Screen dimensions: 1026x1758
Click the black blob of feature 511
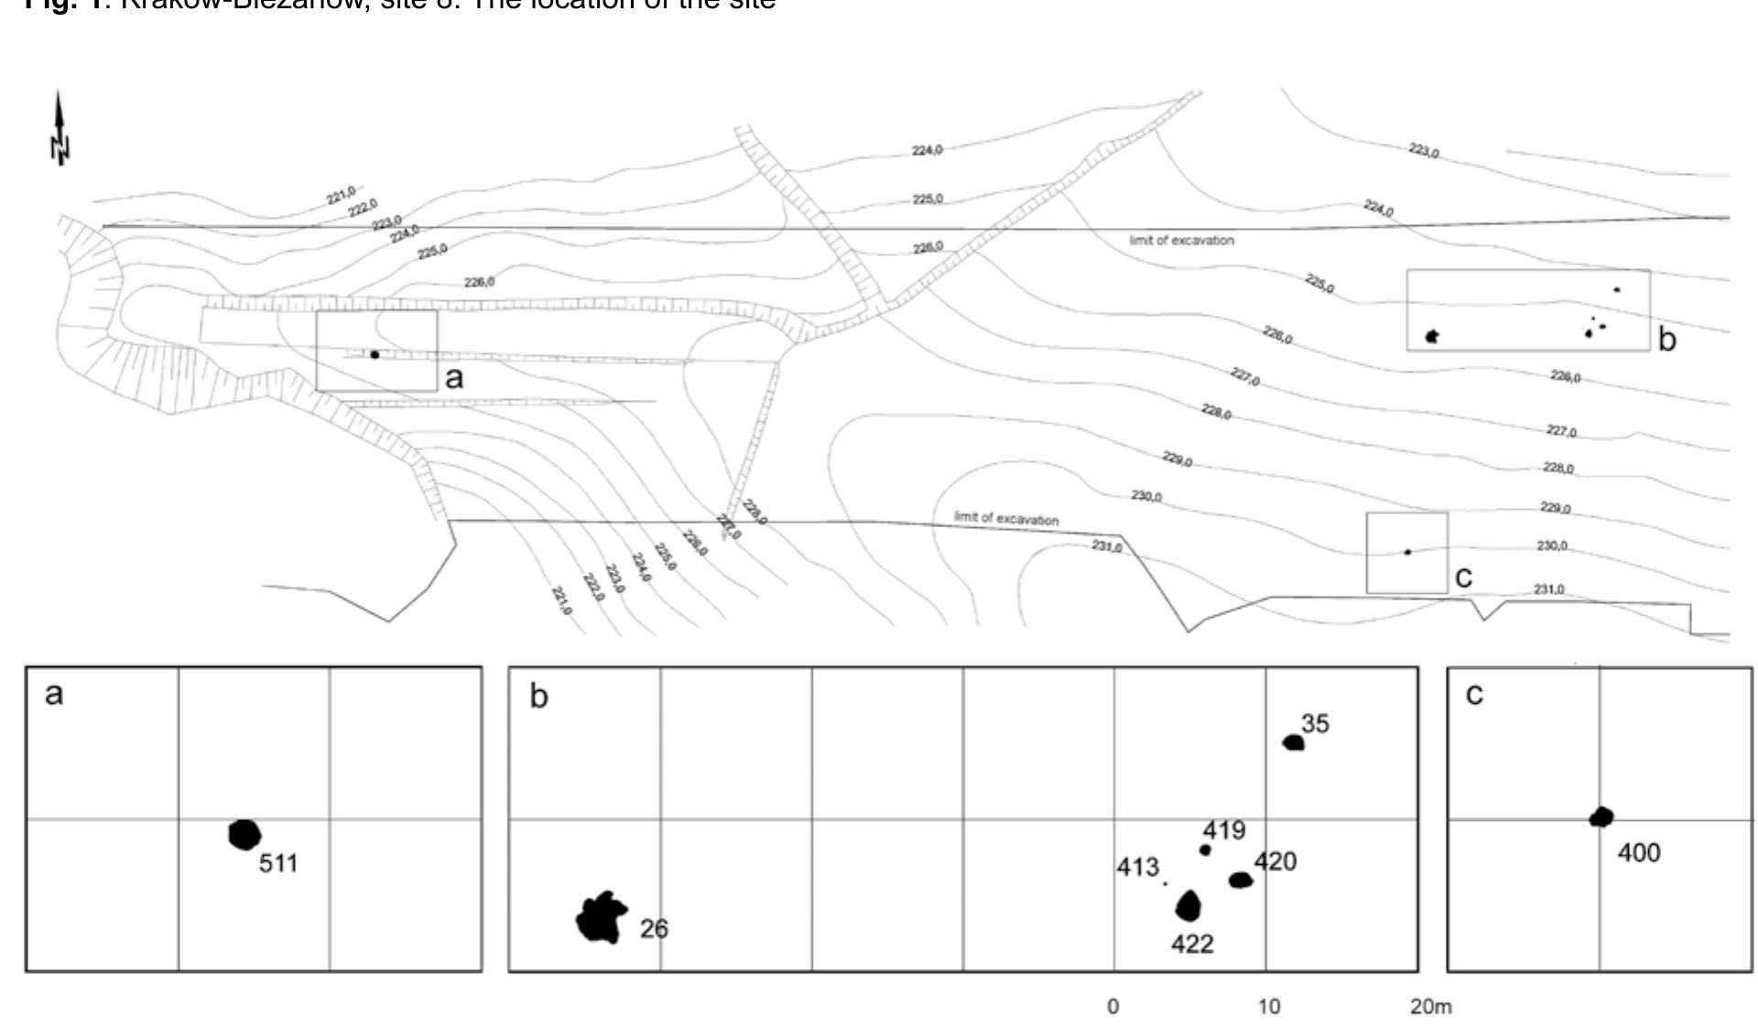point(244,835)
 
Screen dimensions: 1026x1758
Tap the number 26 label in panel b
point(654,929)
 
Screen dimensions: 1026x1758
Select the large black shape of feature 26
point(601,918)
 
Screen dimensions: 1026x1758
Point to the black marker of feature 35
point(1293,742)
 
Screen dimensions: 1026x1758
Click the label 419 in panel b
point(1224,830)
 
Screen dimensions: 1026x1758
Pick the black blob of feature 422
point(1188,907)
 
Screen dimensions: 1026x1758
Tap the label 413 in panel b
point(1138,867)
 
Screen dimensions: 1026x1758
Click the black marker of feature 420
point(1240,880)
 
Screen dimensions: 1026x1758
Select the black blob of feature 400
point(1601,817)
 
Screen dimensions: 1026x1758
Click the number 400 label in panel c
point(1638,853)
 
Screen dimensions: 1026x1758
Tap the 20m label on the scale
point(1430,1007)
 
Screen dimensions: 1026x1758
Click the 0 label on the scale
point(1112,1007)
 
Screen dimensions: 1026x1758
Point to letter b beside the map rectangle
point(1667,340)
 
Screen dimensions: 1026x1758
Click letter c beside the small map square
point(1463,577)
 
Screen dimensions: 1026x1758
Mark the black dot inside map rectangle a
point(374,355)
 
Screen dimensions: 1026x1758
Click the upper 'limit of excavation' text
point(1181,241)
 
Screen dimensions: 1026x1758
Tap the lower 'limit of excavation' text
point(1006,518)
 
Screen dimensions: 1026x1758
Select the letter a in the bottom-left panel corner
point(54,694)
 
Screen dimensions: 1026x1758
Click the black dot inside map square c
point(1407,552)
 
